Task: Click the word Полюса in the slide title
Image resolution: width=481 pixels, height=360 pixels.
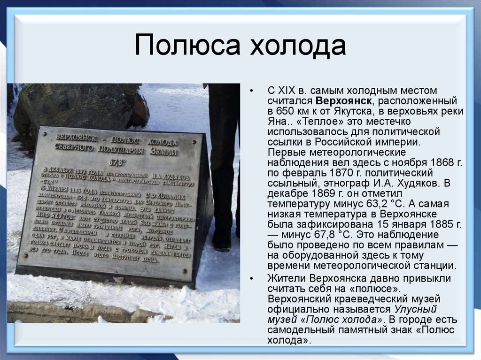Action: pos(186,46)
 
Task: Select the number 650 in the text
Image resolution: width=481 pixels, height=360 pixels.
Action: pos(287,111)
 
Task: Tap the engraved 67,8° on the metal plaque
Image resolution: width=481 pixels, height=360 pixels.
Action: pos(117,162)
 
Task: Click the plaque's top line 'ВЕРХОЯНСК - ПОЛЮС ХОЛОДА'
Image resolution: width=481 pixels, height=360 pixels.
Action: pos(116,140)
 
